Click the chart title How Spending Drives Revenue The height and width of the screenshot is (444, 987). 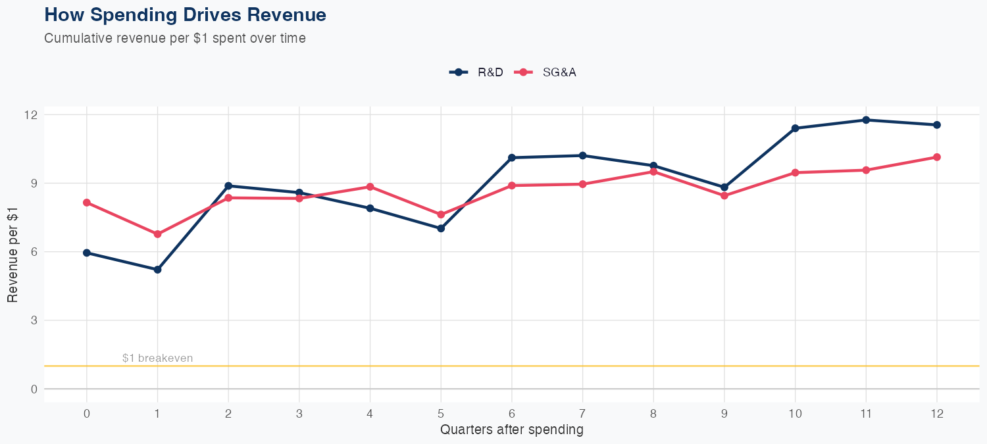pos(185,14)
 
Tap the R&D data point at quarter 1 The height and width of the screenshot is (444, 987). pos(157,270)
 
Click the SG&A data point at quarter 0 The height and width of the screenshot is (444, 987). pos(87,203)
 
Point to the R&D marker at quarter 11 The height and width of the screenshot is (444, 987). pos(866,120)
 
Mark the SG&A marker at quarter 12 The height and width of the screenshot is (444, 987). pos(936,157)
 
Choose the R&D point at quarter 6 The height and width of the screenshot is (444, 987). pos(511,158)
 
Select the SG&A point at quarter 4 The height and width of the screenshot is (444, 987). pos(370,187)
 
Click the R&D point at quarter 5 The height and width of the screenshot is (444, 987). pos(441,228)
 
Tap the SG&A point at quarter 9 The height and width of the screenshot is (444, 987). pos(724,195)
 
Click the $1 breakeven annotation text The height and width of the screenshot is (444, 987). pos(157,358)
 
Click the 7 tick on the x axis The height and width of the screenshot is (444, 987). pos(582,414)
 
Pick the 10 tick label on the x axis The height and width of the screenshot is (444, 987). pos(795,414)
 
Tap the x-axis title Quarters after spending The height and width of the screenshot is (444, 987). pos(511,430)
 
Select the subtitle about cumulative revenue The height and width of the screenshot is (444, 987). pos(175,38)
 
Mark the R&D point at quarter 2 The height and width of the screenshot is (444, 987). pos(228,185)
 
